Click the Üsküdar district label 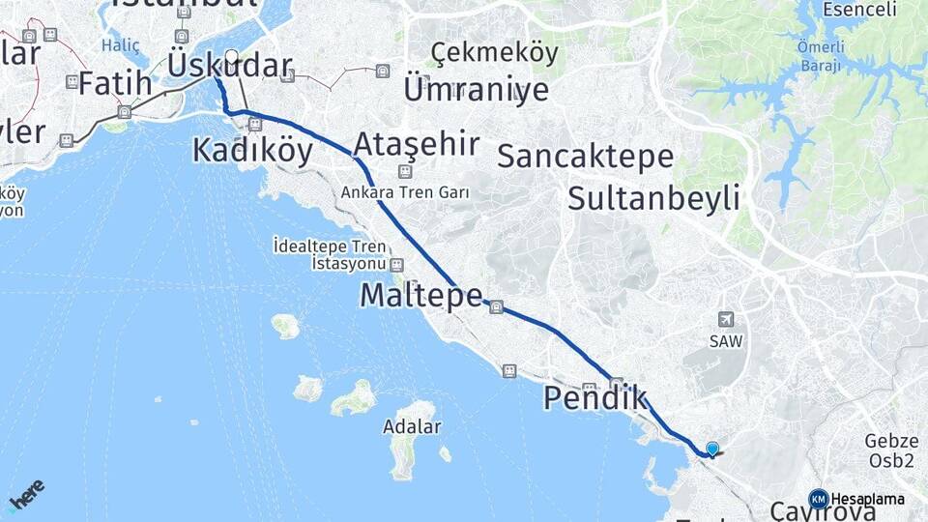pos(230,66)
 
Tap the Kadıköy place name pos(252,151)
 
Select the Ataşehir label pos(417,145)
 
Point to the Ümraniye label pos(476,90)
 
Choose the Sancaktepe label pos(585,157)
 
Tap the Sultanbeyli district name pos(653,198)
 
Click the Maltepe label pos(420,296)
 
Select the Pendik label pos(595,397)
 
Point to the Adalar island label pos(412,426)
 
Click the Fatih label pos(115,84)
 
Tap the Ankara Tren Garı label pos(404,192)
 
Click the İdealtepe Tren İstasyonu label pos(329,254)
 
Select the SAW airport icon pos(726,319)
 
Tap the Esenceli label pos(859,11)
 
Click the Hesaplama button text pos(867,499)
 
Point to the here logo pos(27,493)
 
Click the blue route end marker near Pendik pos(712,449)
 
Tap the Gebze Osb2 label pos(889,450)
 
